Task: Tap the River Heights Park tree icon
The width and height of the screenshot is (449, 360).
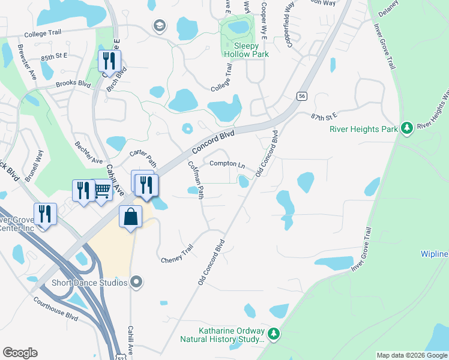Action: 406,127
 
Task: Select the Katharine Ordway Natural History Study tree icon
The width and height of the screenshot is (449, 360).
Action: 274,332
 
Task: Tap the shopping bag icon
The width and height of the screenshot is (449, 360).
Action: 131,217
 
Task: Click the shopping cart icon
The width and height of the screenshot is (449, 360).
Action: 102,190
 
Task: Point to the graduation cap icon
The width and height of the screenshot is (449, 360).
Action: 159,25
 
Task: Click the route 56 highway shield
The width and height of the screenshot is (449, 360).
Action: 302,96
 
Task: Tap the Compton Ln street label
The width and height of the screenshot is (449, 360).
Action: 227,164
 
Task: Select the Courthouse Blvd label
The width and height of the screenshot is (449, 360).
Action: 56,308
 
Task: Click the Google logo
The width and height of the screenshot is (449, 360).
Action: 20,352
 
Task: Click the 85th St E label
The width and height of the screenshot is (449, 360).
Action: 54,58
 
